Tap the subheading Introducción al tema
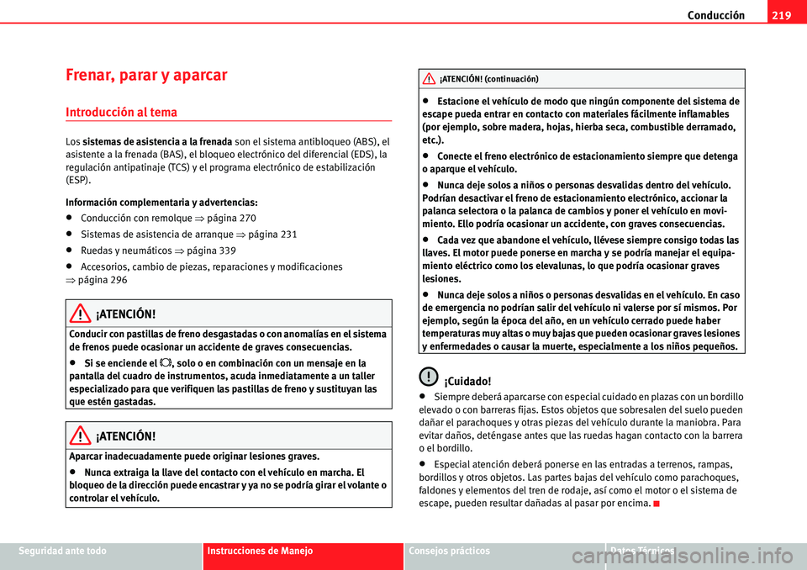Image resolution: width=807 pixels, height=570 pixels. point(122,111)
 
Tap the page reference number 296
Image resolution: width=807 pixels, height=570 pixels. point(117,280)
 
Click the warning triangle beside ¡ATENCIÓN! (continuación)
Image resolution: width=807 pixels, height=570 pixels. point(429,79)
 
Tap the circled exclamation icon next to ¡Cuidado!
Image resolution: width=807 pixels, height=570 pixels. point(429,379)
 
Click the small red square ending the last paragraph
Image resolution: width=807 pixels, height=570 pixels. point(654,504)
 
